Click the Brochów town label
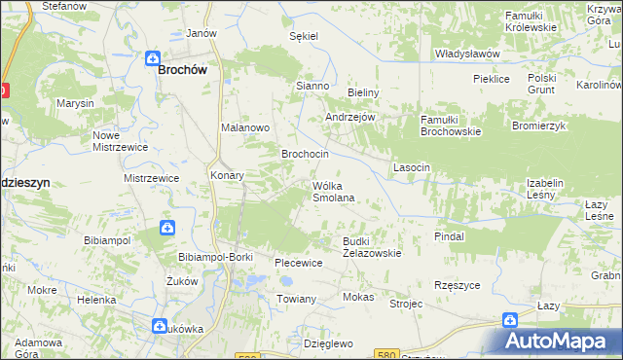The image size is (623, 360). click(186, 70)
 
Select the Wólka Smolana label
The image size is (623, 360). click(332, 191)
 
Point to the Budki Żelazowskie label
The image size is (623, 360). click(372, 247)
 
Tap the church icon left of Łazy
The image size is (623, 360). click(509, 319)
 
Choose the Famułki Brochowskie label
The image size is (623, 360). click(451, 126)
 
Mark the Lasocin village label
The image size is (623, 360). click(411, 167)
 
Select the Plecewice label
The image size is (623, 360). click(299, 263)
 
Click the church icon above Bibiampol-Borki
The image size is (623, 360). click(166, 229)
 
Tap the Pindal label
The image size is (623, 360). click(449, 236)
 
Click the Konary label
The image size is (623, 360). click(227, 176)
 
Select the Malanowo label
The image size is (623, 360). click(244, 127)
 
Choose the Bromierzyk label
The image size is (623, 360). click(538, 126)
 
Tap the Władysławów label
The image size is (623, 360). click(467, 54)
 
